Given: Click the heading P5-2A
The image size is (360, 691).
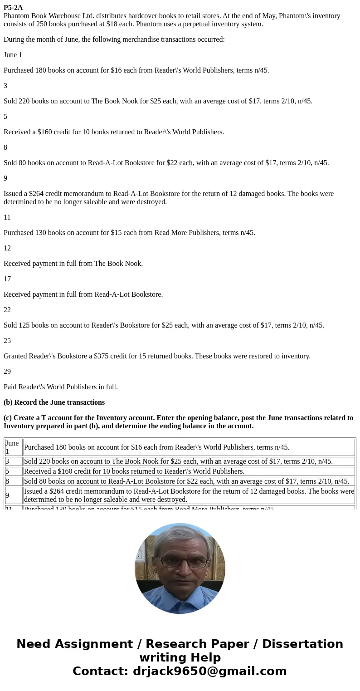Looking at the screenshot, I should coord(13,8).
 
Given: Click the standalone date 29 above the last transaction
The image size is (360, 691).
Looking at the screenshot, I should coord(7,372).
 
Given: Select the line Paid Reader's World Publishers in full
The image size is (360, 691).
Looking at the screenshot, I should coord(61,387).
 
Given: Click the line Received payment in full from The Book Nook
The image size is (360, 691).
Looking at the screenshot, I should coord(73,264).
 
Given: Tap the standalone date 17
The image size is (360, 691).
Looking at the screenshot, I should coord(7,279).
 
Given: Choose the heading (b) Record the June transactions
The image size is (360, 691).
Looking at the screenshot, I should coord(54,402).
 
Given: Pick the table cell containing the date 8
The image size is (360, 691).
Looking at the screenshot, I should coord(13,481).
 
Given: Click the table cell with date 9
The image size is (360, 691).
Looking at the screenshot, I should coord(13,495).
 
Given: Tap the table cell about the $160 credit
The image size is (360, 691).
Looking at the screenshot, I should coord(189,471).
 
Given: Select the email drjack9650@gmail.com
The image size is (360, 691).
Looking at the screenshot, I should coord(209,671).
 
